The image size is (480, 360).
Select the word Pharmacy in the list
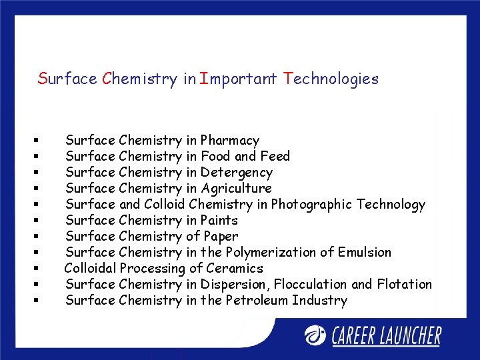tap(229, 141)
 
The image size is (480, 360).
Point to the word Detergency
tap(236, 173)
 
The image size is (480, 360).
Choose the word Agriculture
tap(236, 189)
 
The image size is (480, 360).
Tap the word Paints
tap(219, 221)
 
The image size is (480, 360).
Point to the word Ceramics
tap(235, 269)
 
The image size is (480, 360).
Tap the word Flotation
tap(404, 285)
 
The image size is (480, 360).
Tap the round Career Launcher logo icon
tap(315, 335)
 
